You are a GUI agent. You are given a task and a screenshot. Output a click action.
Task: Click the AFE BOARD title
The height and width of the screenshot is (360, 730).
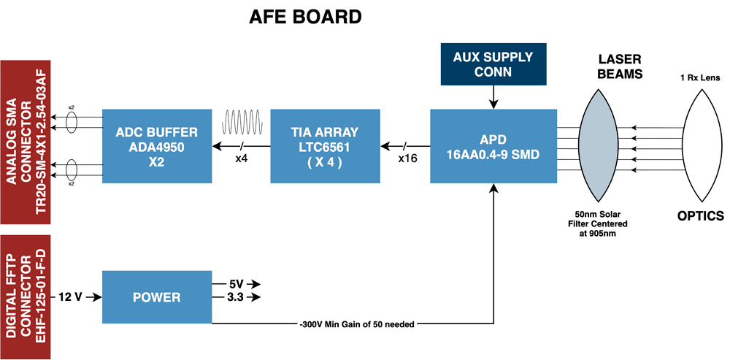(x=305, y=16)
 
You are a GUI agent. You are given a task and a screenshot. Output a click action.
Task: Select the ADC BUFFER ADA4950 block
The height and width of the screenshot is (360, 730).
(x=156, y=146)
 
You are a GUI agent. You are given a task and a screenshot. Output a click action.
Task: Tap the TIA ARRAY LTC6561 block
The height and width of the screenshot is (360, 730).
(x=325, y=146)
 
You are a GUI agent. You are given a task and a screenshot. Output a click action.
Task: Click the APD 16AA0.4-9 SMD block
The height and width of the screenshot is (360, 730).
(x=493, y=146)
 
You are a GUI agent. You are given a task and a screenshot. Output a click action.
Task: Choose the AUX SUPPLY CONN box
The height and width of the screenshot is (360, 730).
(x=493, y=64)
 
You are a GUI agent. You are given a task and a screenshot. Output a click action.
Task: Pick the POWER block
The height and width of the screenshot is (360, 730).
(x=156, y=297)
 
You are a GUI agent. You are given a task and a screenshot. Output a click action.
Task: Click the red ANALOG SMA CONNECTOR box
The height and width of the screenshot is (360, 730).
(x=24, y=142)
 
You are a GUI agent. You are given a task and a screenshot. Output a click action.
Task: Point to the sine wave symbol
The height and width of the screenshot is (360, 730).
(x=242, y=120)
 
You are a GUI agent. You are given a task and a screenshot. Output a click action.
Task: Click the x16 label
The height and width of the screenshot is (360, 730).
(x=407, y=157)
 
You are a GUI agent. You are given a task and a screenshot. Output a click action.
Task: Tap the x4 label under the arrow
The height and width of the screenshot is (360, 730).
(x=241, y=157)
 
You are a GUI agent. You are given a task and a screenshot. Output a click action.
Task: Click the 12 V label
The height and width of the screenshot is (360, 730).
(x=70, y=297)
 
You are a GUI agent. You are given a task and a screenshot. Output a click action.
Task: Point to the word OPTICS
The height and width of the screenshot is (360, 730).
(x=699, y=216)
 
